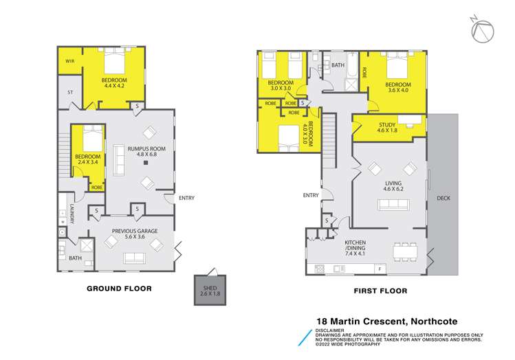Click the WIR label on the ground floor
70,61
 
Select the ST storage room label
70,91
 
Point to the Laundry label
71,214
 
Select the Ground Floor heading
118,289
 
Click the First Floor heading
380,291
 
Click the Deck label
444,199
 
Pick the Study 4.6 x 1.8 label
388,127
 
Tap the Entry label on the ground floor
186,199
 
